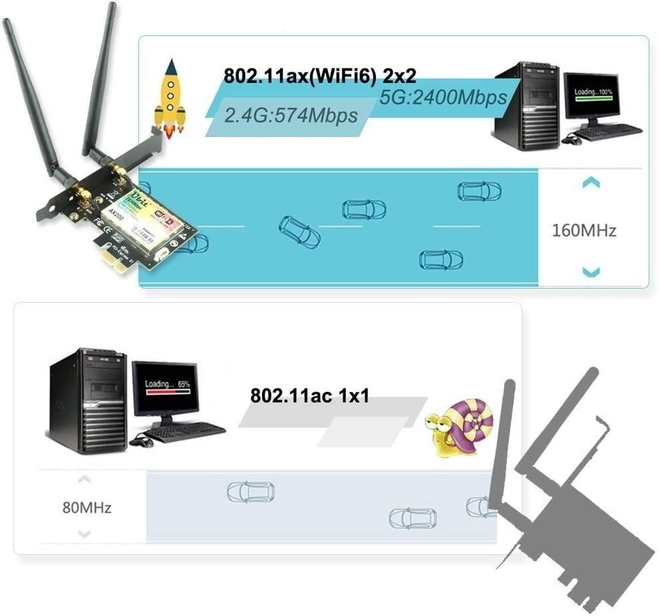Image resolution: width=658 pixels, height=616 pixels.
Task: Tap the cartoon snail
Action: pyautogui.click(x=460, y=426)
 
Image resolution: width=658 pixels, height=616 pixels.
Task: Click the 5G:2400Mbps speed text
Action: pyautogui.click(x=443, y=97)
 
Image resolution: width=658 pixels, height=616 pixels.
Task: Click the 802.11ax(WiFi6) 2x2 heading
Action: pyautogui.click(x=319, y=75)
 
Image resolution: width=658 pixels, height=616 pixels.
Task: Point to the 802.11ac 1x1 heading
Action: pyautogui.click(x=309, y=396)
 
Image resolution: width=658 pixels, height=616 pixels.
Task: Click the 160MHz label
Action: pyautogui.click(x=583, y=230)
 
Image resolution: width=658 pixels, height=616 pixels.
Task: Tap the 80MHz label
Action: pyautogui.click(x=86, y=508)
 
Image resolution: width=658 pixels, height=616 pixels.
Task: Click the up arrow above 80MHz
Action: pyautogui.click(x=84, y=479)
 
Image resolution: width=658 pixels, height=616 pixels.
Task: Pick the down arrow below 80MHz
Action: pyautogui.click(x=84, y=534)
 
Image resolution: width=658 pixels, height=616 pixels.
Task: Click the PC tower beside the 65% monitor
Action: pyautogui.click(x=88, y=400)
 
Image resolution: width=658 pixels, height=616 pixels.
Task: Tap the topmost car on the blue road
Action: pyautogui.click(x=479, y=192)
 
